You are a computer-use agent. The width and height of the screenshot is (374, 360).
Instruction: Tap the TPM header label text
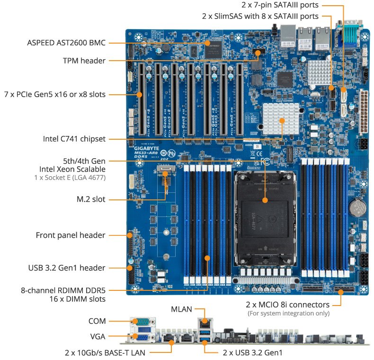pos(84,61)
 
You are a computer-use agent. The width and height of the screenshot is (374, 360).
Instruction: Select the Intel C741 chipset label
pos(74,139)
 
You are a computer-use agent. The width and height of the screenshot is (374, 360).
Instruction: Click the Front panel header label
pos(71,235)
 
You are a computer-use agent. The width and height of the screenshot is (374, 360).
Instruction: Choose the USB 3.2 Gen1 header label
pos(66,268)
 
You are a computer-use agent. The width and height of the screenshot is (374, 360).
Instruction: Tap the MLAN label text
pos(181,309)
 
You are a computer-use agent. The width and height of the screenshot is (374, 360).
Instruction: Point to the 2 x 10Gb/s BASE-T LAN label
pos(105,352)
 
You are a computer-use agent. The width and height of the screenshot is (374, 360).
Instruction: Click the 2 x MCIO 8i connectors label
pos(288,304)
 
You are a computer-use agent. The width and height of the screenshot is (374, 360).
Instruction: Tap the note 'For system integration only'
pos(289,313)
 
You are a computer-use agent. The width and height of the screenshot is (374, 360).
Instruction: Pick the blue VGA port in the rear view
pos(141,338)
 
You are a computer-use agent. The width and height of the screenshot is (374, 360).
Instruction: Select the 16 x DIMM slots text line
pos(77,299)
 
